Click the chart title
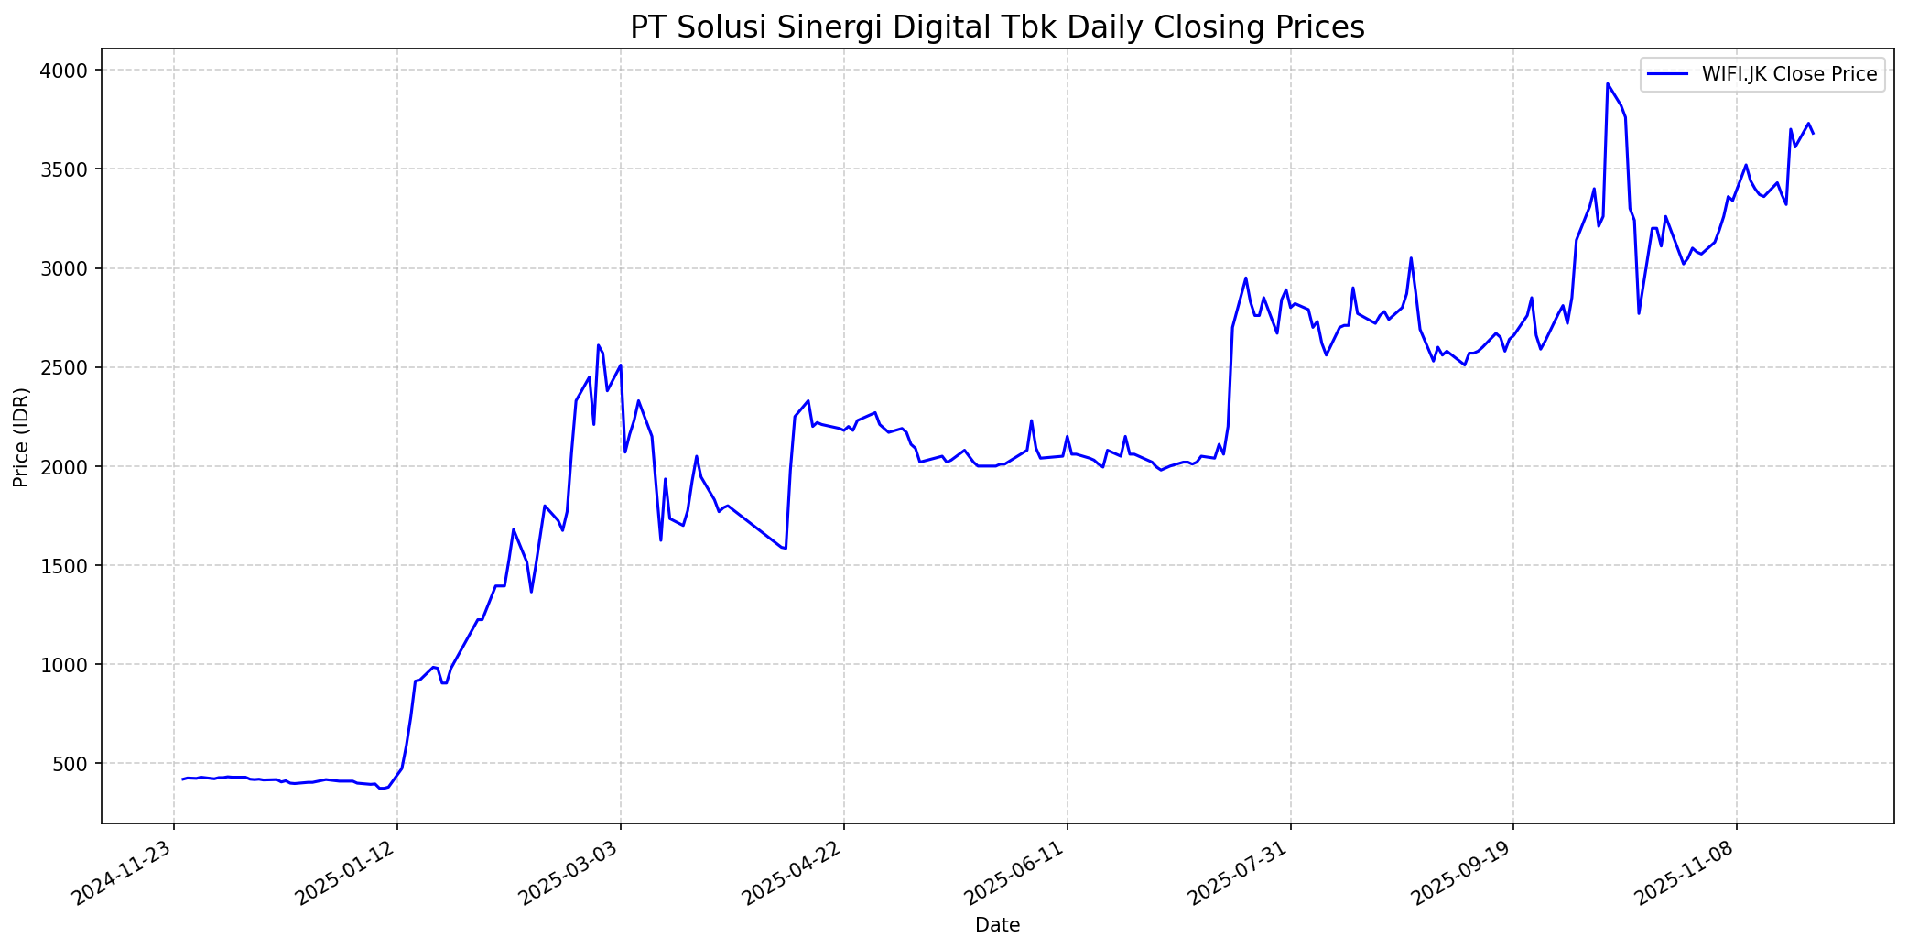tap(997, 27)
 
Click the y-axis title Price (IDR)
tap(21, 437)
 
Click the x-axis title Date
tap(997, 925)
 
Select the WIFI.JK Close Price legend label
tap(1789, 74)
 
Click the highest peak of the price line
tap(1608, 84)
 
